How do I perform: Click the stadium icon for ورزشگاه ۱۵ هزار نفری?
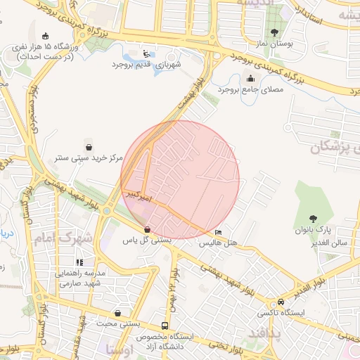click(x=46, y=37)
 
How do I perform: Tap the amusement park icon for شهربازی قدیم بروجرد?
click(x=146, y=54)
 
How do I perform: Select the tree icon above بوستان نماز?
click(x=274, y=32)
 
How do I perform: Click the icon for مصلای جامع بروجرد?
click(x=250, y=78)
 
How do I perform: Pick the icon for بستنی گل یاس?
click(x=146, y=229)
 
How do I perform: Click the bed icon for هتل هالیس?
click(x=218, y=232)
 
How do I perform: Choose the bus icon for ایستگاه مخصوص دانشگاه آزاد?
click(x=165, y=326)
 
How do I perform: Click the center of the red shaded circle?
click(x=180, y=180)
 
